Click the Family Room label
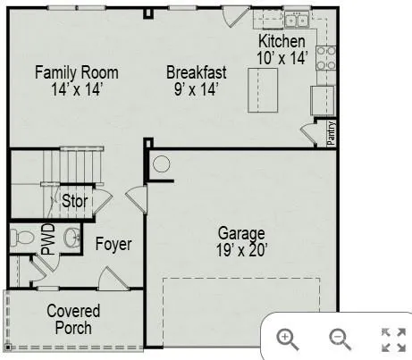tap(76, 71)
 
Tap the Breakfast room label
tap(196, 71)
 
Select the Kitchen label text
tap(282, 42)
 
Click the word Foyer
tap(114, 244)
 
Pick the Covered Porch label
tap(73, 319)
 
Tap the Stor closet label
tap(74, 201)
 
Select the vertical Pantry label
tap(332, 132)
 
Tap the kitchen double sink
tap(297, 21)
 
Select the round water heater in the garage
tap(161, 164)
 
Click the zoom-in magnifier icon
tap(287, 338)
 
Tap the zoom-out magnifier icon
tap(340, 338)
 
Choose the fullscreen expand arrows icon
tap(393, 339)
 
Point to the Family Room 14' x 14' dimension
tap(76, 88)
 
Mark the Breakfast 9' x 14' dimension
tap(196, 88)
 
